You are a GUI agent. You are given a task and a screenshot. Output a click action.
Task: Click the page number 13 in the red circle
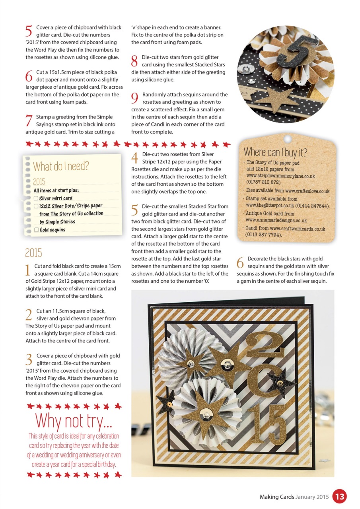pos(339,496)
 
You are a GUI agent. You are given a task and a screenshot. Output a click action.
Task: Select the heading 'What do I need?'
pos(61,166)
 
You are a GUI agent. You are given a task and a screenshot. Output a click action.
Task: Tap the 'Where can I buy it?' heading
pos(275,152)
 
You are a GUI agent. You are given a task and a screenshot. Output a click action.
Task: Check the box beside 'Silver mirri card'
pos(36,198)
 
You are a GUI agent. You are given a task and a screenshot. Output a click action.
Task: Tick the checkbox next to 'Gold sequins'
pos(36,230)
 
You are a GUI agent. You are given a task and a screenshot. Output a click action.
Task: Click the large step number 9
pos(135,98)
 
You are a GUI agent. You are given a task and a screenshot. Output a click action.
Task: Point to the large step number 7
pos(29,120)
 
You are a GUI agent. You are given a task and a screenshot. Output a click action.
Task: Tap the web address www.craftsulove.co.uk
pos(307,191)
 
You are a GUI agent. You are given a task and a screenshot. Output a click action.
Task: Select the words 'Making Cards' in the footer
pos(277,497)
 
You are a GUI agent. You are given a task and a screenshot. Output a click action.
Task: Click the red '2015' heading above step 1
pos(33,253)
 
